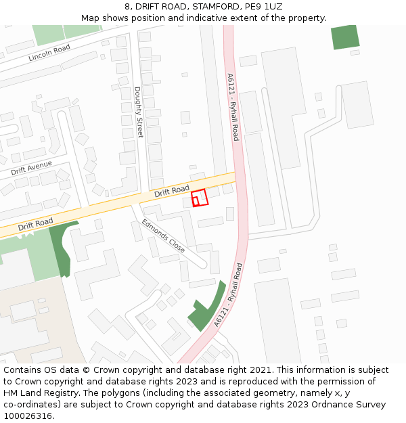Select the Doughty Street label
(x=139, y=112)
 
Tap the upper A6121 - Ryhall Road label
(x=233, y=107)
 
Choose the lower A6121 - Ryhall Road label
(x=228, y=295)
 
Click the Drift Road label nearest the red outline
(x=171, y=192)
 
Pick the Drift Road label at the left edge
(x=35, y=224)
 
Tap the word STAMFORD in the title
(x=209, y=7)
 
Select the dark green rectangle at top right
(x=345, y=37)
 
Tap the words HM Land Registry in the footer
(x=37, y=393)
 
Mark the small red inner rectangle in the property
(x=196, y=201)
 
